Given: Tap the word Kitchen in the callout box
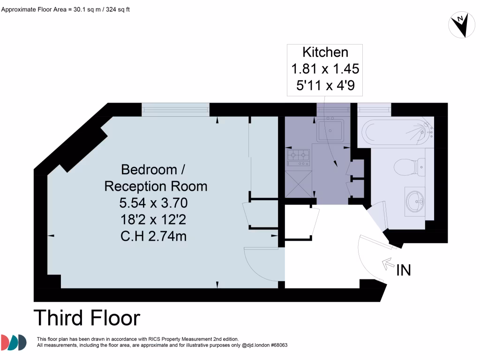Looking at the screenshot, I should click(325, 52).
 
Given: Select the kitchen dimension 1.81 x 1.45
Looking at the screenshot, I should click(325, 69).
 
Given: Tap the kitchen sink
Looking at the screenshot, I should click(330, 129).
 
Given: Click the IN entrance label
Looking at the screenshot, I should click(404, 270).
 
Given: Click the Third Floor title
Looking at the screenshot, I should click(87, 318).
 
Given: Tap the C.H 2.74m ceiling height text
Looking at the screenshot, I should click(153, 236).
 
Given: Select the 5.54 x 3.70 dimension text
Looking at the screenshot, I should click(153, 203).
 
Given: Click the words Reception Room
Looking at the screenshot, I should click(155, 186).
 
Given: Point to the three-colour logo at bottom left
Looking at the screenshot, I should click(14, 342).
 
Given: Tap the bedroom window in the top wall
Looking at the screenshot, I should click(175, 109).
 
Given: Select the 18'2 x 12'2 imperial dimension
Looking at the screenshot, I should click(153, 219).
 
